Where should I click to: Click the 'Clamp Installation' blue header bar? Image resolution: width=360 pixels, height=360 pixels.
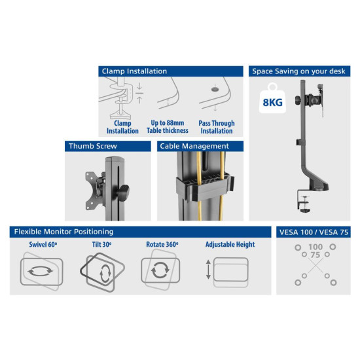pos(170,71)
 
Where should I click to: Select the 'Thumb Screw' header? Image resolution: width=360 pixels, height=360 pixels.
pos(107,146)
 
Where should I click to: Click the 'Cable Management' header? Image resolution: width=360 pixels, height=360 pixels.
pos(200,146)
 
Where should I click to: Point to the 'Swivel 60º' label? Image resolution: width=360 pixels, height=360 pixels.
pos(43,245)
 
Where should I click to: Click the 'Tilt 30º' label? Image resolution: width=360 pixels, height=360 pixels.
pos(101,245)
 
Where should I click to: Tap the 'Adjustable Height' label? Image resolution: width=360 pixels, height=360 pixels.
pos(230,245)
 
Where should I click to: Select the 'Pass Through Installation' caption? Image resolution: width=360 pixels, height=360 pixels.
pos(217,127)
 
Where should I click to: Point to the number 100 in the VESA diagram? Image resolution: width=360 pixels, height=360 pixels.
pos(315,247)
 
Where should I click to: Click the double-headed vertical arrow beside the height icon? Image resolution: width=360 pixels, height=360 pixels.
pos(209,270)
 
